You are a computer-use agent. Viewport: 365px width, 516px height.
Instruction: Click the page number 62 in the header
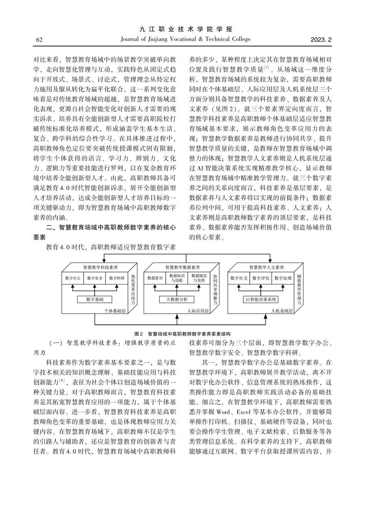(39, 40)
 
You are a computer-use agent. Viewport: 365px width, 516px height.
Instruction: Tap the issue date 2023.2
(321, 40)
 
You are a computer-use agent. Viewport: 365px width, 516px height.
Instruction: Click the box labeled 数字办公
(73, 278)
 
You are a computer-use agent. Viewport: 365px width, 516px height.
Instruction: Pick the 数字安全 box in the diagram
(95, 278)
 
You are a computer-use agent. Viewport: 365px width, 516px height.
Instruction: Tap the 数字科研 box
(117, 278)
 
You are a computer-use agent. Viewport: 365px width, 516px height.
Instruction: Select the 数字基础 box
(95, 299)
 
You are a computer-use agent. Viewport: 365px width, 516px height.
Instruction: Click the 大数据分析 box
(177, 299)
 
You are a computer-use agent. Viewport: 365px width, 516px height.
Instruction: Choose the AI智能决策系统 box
(261, 299)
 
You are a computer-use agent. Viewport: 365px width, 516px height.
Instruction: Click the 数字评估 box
(261, 278)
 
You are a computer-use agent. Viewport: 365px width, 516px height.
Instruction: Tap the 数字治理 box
(283, 278)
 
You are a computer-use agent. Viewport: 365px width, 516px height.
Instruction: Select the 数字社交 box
(239, 278)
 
